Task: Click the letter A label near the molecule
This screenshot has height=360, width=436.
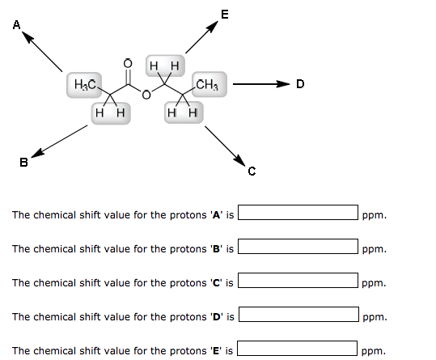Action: click(17, 25)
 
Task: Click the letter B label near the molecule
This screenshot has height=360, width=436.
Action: click(24, 162)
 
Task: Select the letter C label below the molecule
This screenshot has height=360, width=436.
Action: click(252, 172)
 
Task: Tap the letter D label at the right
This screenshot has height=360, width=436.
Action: click(300, 83)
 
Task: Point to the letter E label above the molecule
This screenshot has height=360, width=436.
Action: click(225, 15)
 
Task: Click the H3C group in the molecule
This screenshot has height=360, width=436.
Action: click(84, 84)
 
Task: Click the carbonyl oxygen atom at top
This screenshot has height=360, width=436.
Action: click(128, 64)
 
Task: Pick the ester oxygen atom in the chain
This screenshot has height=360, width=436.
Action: click(146, 95)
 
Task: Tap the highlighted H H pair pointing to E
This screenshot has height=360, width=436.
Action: click(165, 66)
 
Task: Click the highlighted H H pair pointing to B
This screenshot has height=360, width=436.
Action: click(111, 113)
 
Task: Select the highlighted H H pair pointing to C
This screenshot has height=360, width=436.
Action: click(184, 112)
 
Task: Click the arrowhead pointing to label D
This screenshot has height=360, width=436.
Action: click(283, 83)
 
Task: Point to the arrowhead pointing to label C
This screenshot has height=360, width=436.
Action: click(239, 160)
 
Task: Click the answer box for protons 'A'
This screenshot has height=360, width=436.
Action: click(298, 213)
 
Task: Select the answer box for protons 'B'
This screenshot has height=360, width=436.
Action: click(298, 246)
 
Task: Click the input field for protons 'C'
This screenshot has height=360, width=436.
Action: click(298, 280)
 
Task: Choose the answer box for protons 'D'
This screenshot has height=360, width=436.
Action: click(298, 314)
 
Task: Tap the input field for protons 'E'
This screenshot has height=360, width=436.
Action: click(297, 348)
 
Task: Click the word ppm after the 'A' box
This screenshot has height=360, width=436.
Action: click(375, 215)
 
